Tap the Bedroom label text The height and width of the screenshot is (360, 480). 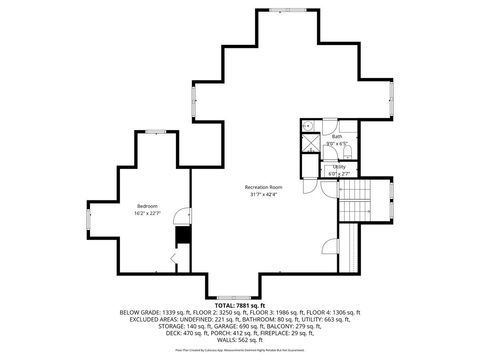[x=147, y=205]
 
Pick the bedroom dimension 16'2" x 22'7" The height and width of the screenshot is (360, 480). [x=147, y=213]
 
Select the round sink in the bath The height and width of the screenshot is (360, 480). [x=309, y=126]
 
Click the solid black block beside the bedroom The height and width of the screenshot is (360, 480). [x=182, y=235]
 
